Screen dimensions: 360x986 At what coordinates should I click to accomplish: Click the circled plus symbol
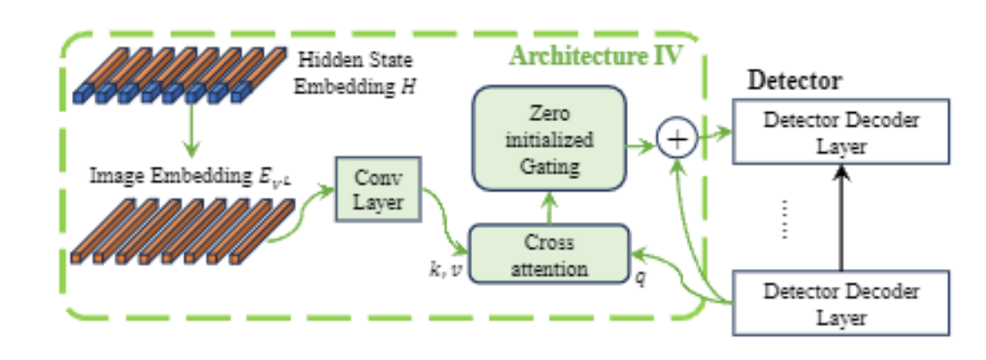677,138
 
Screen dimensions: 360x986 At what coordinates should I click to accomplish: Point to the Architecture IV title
595,56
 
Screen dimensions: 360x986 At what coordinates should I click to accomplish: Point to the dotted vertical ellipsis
784,218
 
